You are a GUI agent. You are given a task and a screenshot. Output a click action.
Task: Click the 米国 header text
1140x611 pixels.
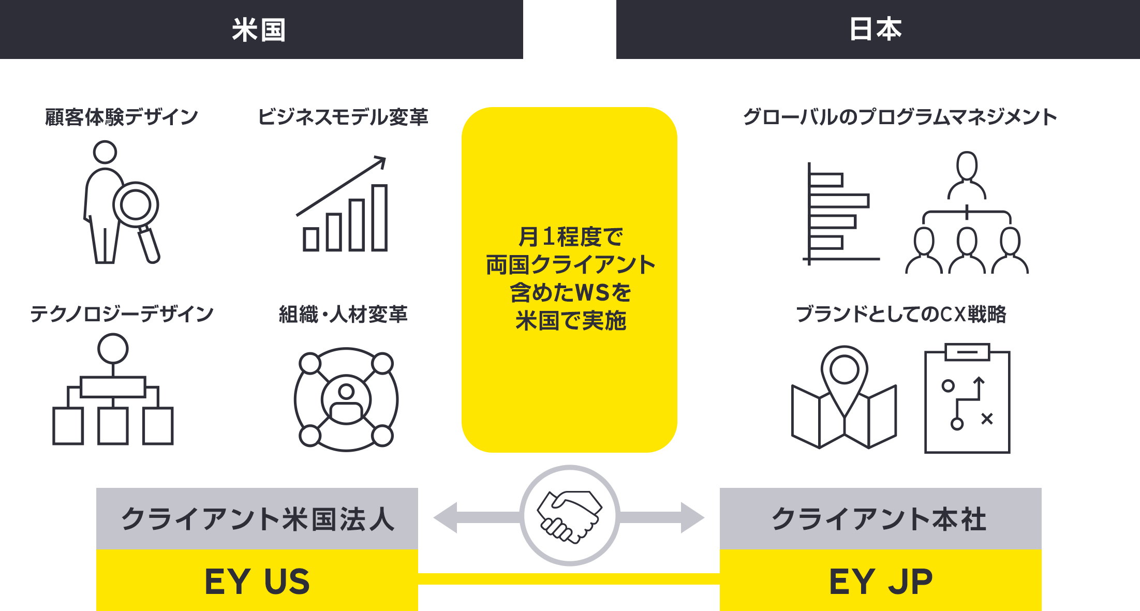pos(259,29)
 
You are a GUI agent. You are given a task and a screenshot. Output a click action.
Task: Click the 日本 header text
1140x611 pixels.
pos(876,29)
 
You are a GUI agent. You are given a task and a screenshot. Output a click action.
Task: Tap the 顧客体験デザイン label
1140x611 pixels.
pos(122,117)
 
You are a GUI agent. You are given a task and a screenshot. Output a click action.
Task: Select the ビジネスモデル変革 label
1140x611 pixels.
pos(343,117)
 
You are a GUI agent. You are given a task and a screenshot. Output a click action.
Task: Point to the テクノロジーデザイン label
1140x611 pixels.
pos(122,314)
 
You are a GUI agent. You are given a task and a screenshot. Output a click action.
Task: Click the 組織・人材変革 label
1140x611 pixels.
pos(343,314)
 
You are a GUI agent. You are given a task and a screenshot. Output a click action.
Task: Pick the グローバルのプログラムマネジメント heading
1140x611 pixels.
pos(900,117)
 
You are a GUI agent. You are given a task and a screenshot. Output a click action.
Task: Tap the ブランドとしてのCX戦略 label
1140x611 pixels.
pos(901,314)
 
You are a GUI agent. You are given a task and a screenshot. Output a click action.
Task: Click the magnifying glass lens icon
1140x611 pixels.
pos(136,205)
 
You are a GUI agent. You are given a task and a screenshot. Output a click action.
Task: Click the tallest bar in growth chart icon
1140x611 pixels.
pos(379,218)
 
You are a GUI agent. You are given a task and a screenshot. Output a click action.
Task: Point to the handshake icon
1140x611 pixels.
pos(570,516)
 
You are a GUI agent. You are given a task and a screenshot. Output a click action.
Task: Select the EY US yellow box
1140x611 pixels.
pos(257,580)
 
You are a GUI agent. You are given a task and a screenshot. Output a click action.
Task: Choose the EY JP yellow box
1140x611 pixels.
pos(881,580)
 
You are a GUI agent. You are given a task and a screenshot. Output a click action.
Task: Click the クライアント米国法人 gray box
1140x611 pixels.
pos(257,518)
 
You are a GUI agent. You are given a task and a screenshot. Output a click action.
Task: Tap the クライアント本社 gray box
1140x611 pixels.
pos(881,518)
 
